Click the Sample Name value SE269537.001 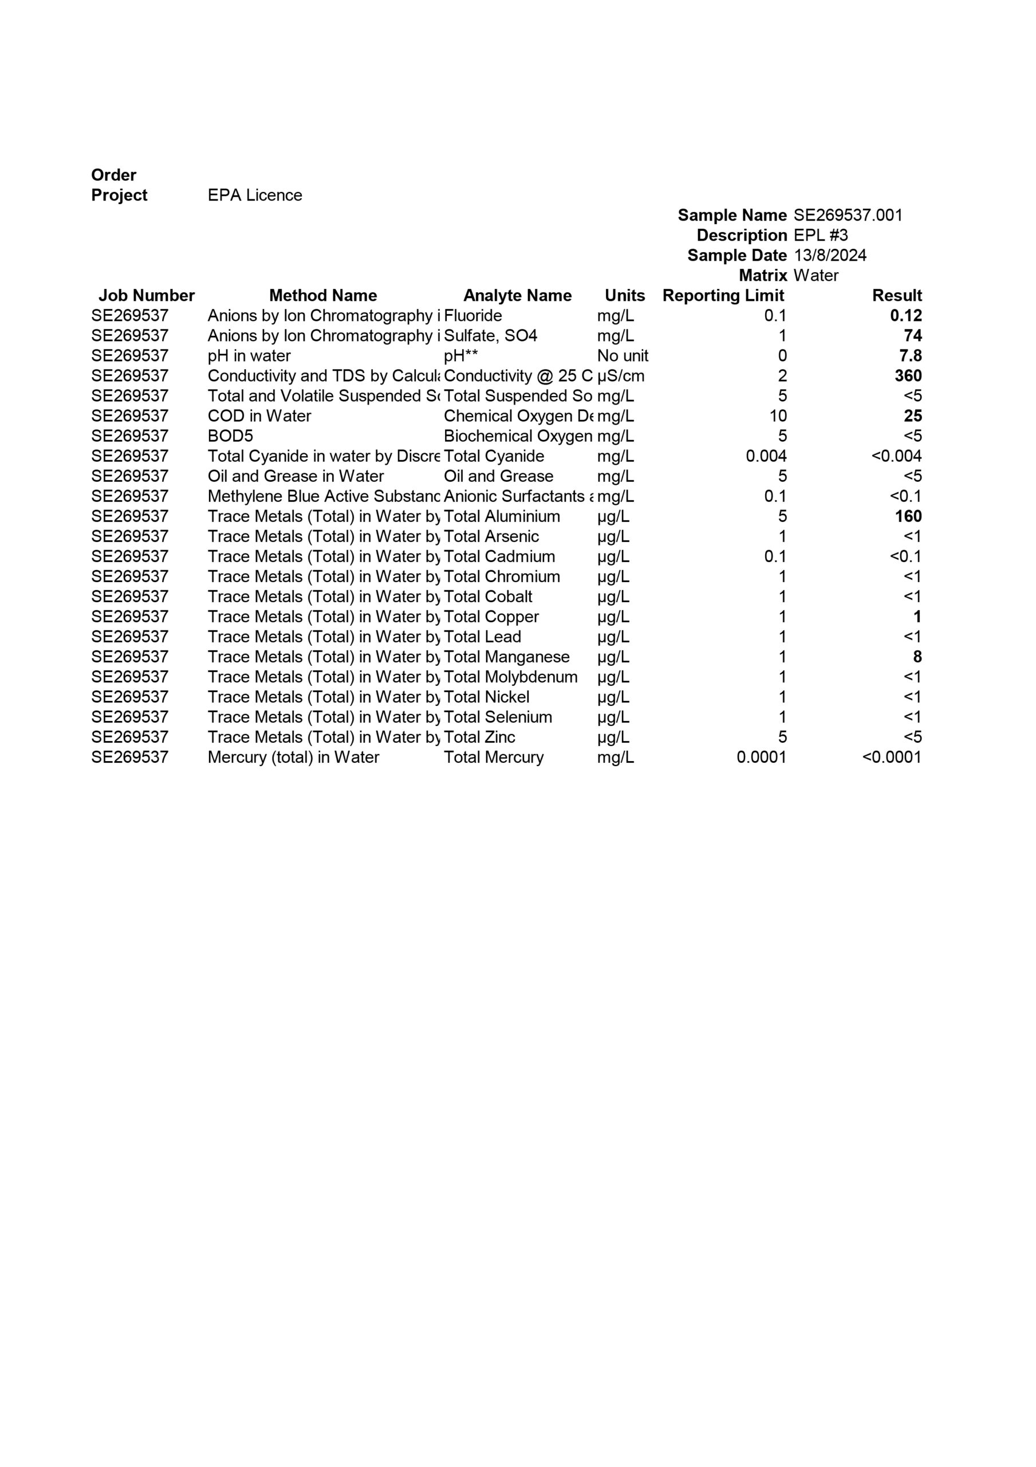coord(848,215)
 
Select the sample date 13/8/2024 coord(830,256)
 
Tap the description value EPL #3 coord(820,235)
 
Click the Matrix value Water coord(816,276)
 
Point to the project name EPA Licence coord(255,195)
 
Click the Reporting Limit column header coord(723,296)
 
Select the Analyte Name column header coord(517,296)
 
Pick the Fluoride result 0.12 coord(905,316)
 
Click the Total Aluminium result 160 coord(908,516)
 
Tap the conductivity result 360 coord(908,376)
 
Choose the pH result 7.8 coord(910,356)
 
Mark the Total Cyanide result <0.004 coord(896,456)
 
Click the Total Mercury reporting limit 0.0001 coord(761,757)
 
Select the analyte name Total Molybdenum coord(510,677)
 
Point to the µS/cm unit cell coord(620,376)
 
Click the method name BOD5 coord(230,437)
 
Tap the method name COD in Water coord(259,416)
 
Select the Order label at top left coord(114,175)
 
